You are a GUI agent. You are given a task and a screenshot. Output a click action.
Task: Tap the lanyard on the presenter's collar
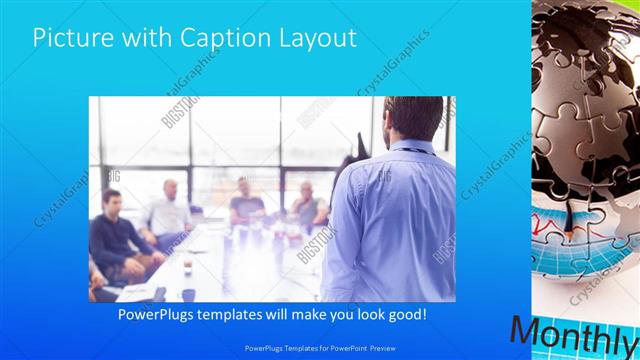pyautogui.click(x=410, y=150)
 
